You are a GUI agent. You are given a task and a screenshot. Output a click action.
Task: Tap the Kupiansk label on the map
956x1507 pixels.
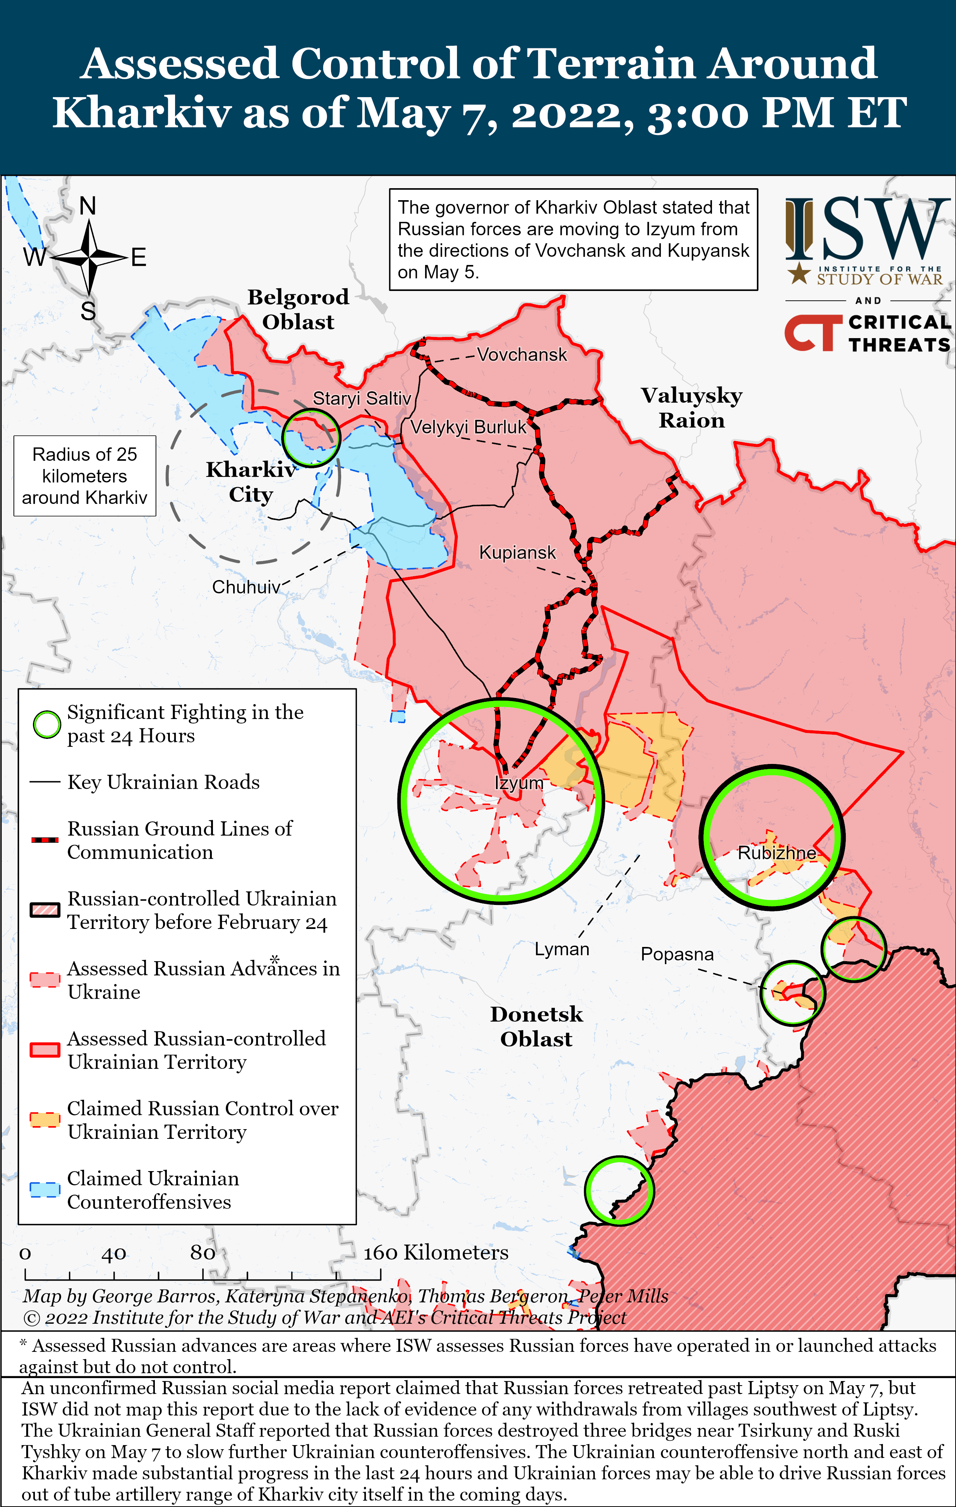tap(517, 553)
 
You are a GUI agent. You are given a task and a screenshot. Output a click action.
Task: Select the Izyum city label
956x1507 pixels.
tap(518, 783)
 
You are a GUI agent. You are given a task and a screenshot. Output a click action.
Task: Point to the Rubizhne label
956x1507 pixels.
tap(776, 852)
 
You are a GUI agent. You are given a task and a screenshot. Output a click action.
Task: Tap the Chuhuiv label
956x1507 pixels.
tap(246, 587)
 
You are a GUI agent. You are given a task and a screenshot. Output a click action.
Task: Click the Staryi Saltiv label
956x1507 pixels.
tap(361, 398)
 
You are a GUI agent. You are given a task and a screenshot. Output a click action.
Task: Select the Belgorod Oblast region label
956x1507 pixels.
tap(298, 309)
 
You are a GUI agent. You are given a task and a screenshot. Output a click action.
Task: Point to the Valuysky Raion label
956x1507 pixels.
tap(691, 407)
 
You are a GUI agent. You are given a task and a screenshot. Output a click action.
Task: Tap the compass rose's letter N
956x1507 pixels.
tap(88, 206)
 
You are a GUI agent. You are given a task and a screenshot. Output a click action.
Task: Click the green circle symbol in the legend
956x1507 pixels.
tap(46, 724)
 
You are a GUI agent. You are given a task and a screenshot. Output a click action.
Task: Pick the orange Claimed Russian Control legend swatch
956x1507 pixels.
tap(45, 1120)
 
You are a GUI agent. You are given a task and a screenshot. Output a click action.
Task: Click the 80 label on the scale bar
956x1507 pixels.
tap(202, 1252)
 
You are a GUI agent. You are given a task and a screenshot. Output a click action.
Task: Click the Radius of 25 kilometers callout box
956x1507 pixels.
tap(84, 476)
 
